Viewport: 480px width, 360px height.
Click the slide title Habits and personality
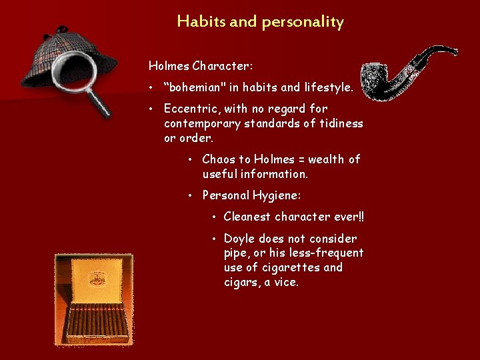point(261,21)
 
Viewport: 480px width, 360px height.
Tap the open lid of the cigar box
point(93,278)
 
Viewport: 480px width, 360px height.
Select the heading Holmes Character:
point(201,66)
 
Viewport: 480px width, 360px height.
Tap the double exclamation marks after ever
point(361,217)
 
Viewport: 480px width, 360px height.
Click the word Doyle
point(239,239)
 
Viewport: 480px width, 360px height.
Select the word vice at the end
point(287,282)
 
